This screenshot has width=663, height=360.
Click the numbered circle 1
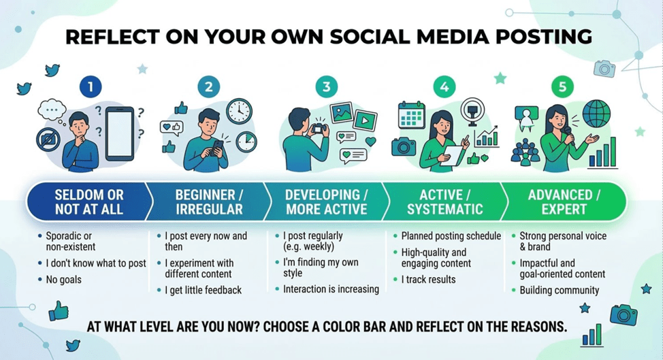point(91,86)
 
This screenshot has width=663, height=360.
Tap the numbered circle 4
point(444,86)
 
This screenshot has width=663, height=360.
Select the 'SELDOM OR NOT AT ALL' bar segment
point(88,201)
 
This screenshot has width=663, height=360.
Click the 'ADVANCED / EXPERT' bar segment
point(564,201)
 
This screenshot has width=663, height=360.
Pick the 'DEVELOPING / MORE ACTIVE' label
point(326,201)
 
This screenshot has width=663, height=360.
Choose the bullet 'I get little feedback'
point(204,290)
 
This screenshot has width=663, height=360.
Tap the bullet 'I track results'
point(429,280)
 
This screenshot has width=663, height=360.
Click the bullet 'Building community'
point(560,291)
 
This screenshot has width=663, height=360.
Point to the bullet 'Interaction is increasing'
point(331,289)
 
